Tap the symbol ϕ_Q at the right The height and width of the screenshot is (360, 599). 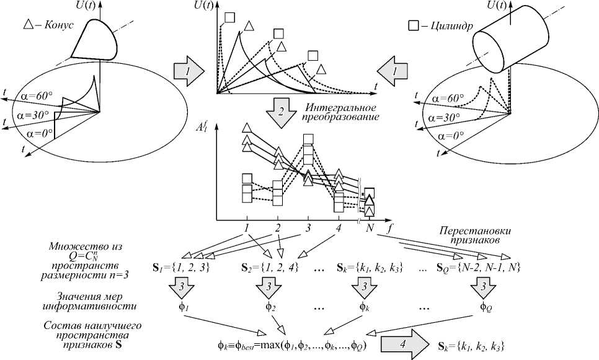(486, 305)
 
